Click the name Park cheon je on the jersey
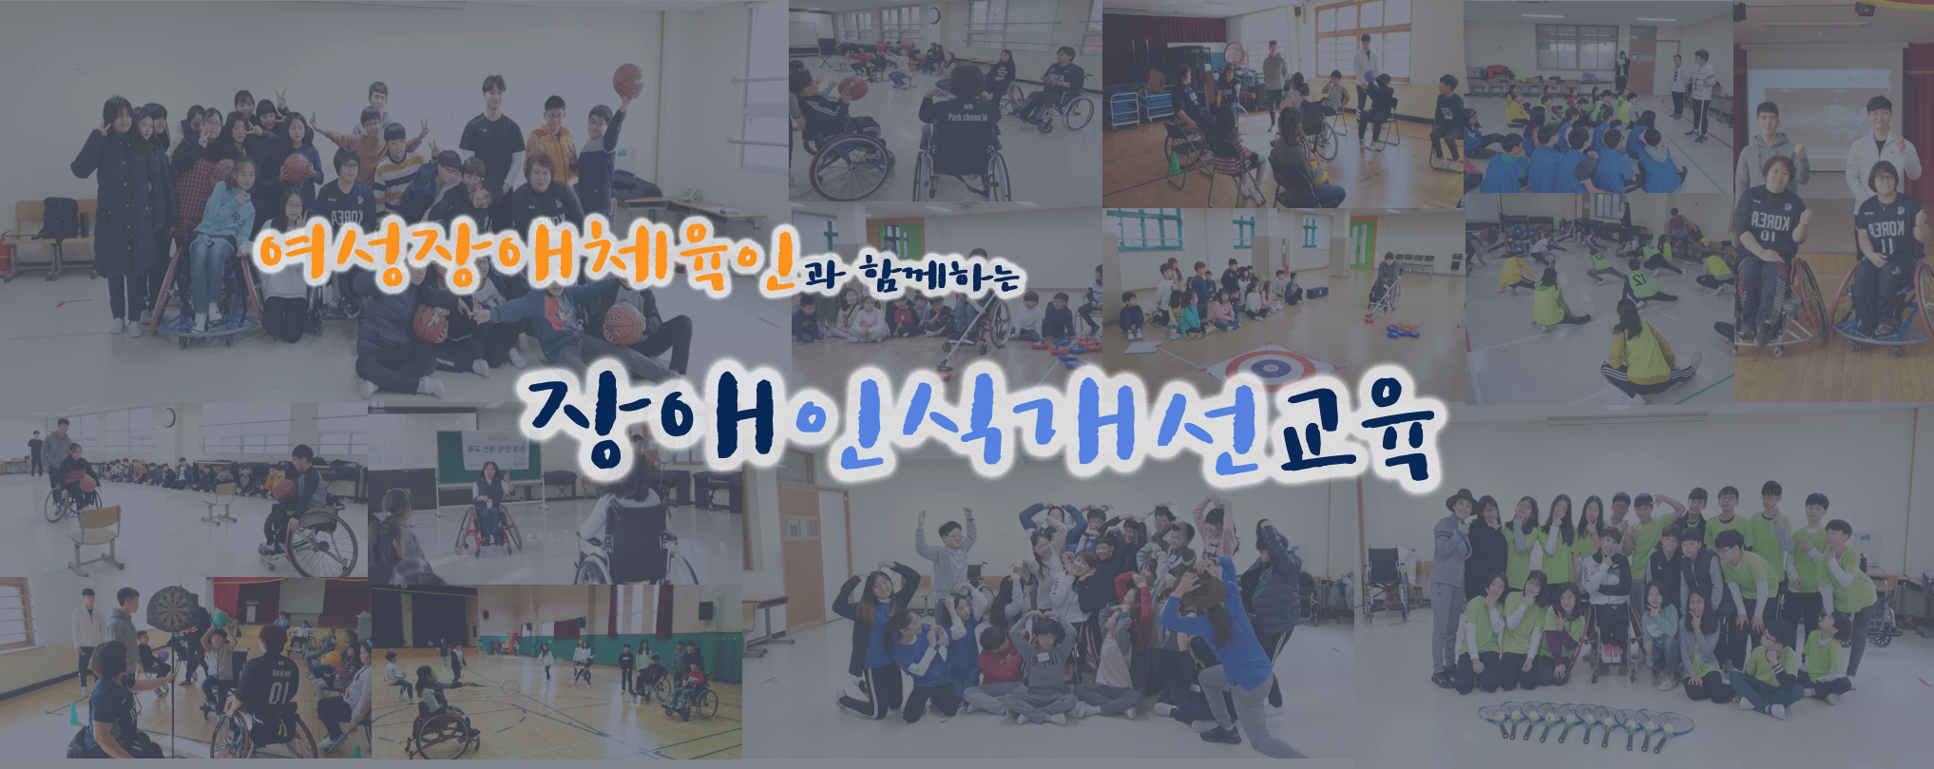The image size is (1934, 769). [x=967, y=118]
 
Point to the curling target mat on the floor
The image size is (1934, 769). [x=1271, y=368]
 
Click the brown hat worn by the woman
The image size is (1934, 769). [x=1462, y=500]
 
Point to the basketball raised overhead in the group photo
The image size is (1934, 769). [x=627, y=79]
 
